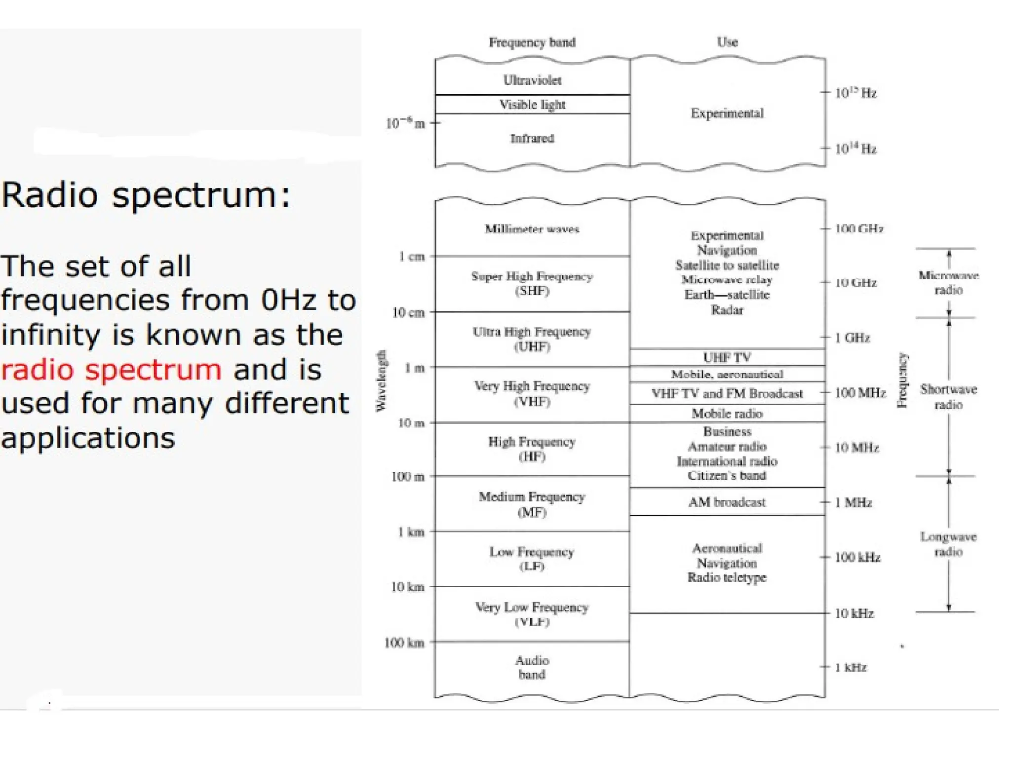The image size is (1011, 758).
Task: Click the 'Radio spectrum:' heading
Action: pyautogui.click(x=146, y=195)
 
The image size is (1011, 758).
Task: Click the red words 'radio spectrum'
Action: pyautogui.click(x=111, y=370)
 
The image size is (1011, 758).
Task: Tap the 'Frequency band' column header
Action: pyautogui.click(x=532, y=42)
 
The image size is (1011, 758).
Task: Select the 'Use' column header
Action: pyautogui.click(x=727, y=42)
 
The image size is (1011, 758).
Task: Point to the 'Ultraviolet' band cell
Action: pyautogui.click(x=532, y=80)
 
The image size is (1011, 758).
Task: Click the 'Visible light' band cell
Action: pyautogui.click(x=532, y=105)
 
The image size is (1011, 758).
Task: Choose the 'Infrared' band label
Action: pyautogui.click(x=532, y=139)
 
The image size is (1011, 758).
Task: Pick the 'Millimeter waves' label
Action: pyautogui.click(x=532, y=229)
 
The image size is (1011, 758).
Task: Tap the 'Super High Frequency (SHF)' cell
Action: pyautogui.click(x=532, y=284)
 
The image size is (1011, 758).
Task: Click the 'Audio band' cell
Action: pyautogui.click(x=532, y=668)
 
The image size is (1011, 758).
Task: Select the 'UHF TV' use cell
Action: pyautogui.click(x=727, y=357)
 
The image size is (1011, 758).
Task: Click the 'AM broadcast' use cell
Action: pyautogui.click(x=727, y=502)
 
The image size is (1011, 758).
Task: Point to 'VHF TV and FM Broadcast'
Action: pyautogui.click(x=727, y=394)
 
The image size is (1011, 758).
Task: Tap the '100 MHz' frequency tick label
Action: pyautogui.click(x=860, y=393)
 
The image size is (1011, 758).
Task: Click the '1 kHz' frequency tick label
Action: pyautogui.click(x=851, y=668)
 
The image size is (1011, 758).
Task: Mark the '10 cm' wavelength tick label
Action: pyautogui.click(x=408, y=313)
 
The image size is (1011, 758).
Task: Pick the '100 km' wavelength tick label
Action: pyautogui.click(x=404, y=643)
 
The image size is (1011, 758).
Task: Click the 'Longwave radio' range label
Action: pyautogui.click(x=948, y=544)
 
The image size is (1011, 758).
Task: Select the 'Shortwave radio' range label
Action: pyautogui.click(x=948, y=397)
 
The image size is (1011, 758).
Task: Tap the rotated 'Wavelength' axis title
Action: pyautogui.click(x=381, y=380)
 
